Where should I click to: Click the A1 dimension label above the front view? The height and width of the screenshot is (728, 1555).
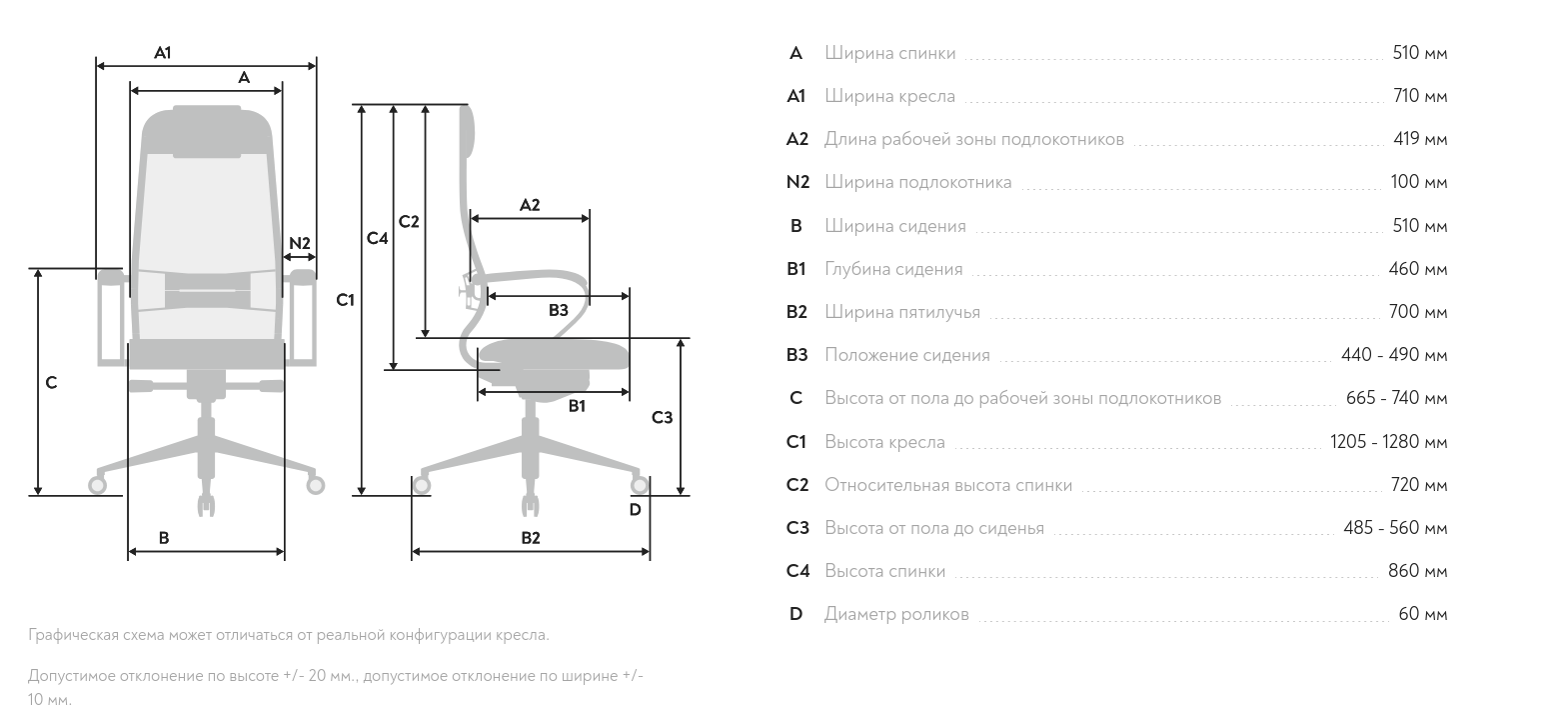[x=163, y=53]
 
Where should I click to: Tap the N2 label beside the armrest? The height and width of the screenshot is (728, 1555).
[x=299, y=243]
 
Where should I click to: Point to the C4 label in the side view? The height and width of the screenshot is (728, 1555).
[x=377, y=238]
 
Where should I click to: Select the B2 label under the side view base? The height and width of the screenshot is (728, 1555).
[x=531, y=538]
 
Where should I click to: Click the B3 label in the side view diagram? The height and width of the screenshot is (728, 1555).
[x=558, y=310]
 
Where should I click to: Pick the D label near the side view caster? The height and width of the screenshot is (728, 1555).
[x=636, y=510]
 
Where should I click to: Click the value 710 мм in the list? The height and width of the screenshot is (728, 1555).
[x=1420, y=96]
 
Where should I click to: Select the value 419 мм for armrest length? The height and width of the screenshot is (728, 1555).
[x=1420, y=139]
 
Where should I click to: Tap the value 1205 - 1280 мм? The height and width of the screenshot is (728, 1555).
[x=1389, y=442]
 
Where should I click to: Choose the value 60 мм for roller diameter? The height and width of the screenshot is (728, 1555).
[x=1423, y=614]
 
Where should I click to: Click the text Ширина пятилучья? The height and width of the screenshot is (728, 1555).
[x=902, y=313]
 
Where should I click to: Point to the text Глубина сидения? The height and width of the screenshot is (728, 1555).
[x=893, y=270]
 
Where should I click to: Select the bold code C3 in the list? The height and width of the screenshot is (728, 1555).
[x=796, y=528]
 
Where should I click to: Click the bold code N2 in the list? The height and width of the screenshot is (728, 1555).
[x=797, y=182]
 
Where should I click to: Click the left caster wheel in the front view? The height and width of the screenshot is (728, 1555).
[x=97, y=484]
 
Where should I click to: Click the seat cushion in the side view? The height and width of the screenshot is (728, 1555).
[x=554, y=354]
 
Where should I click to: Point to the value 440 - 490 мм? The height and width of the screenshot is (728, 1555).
[x=1395, y=355]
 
